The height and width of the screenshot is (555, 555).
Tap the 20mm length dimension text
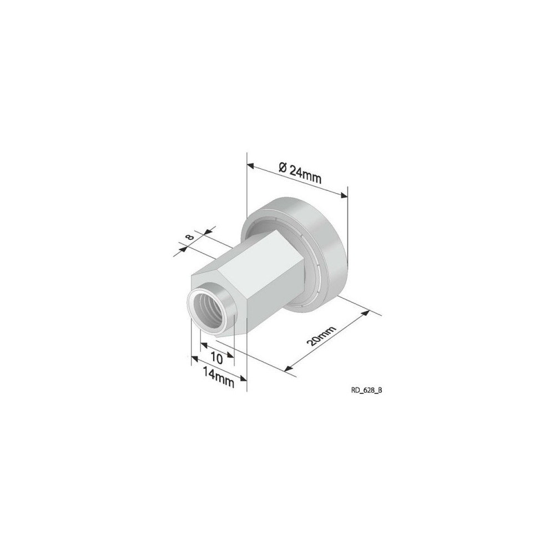(321, 337)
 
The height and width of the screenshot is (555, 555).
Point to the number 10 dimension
(216, 359)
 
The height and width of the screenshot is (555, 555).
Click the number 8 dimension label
(190, 238)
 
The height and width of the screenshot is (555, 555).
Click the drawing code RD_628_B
(366, 390)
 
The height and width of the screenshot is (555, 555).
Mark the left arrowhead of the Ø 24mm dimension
(251, 165)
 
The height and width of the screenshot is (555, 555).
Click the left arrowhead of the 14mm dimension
(194, 360)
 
